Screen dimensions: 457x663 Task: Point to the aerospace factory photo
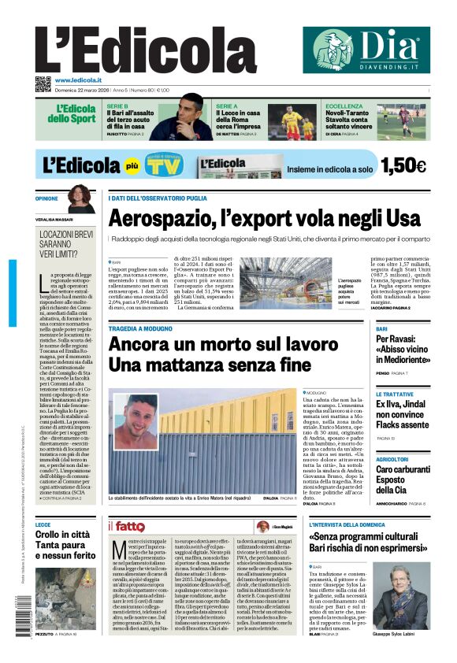click(285, 281)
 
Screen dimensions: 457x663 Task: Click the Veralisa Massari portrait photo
click(80, 199)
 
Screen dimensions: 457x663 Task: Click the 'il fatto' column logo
click(126, 526)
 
